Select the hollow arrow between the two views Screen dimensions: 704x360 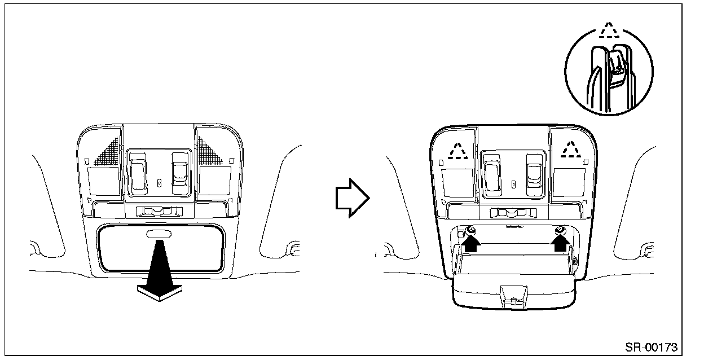click(x=351, y=197)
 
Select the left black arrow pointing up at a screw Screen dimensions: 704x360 click(x=472, y=242)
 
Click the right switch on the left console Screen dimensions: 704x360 click(x=180, y=170)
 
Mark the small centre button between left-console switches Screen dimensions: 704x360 click(x=159, y=182)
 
